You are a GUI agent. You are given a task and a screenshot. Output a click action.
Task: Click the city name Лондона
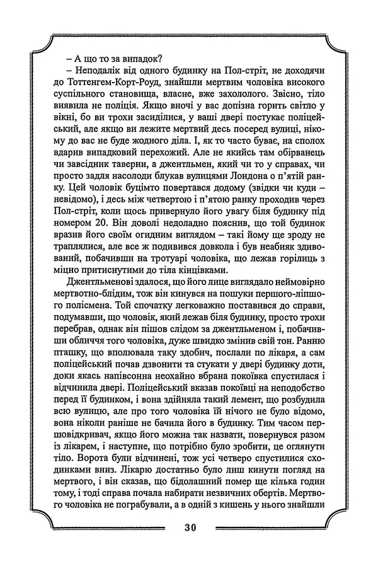tap(241, 187)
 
